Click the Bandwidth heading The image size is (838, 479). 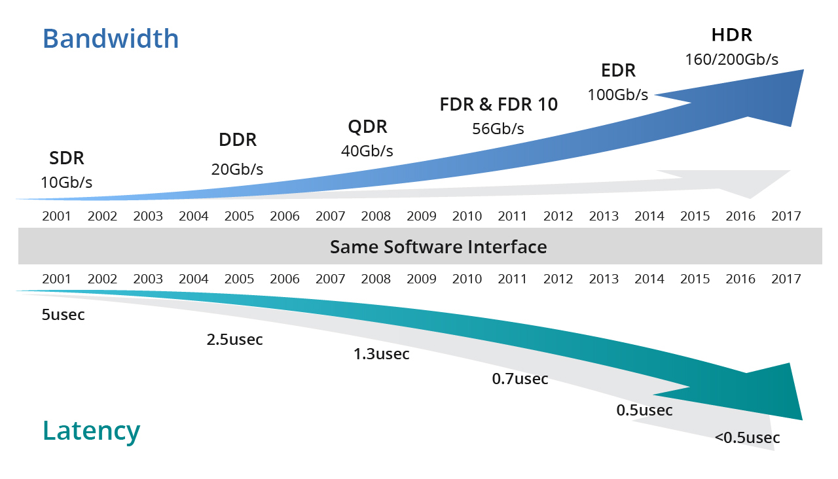(x=111, y=39)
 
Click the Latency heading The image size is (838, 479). (x=92, y=431)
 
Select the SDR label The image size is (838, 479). (x=67, y=158)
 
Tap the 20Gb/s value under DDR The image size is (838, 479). (x=237, y=169)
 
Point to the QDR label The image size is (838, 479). (x=367, y=126)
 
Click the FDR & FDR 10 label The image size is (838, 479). (x=499, y=105)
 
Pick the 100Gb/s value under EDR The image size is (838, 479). (x=617, y=95)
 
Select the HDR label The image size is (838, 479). (x=732, y=35)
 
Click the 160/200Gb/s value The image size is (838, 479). (x=732, y=60)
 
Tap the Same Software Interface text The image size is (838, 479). (x=438, y=247)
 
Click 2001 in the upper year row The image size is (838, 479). (x=57, y=216)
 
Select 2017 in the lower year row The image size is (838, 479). (x=786, y=279)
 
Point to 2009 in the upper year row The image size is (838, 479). (x=422, y=216)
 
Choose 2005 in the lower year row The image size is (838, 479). (x=239, y=279)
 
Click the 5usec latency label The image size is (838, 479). (x=64, y=315)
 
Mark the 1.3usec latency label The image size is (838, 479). (x=382, y=355)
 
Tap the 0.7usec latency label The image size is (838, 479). (x=520, y=379)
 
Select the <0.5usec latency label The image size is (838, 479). (x=747, y=438)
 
